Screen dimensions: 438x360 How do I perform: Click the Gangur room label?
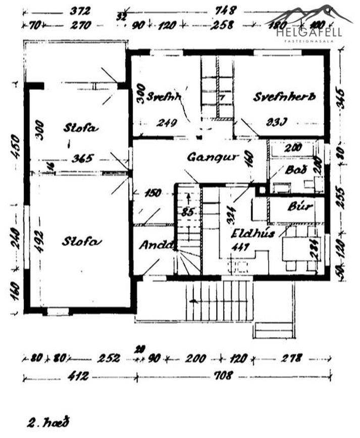212,157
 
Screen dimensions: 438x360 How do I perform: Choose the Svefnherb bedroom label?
284,96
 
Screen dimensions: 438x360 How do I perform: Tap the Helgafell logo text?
310,32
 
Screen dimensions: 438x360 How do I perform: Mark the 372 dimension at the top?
77,10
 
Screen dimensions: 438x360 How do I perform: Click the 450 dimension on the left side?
15,147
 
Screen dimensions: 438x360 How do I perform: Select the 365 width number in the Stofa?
81,158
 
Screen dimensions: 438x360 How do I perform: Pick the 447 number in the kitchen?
241,247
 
